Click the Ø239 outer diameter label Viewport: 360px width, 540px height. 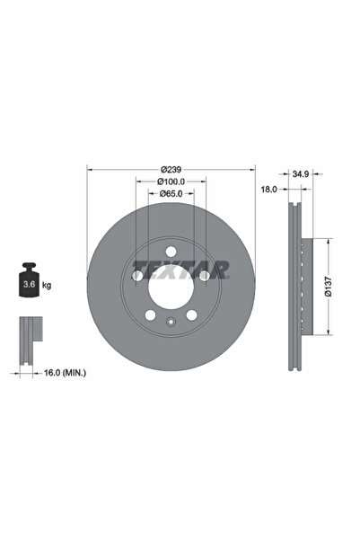click(x=171, y=169)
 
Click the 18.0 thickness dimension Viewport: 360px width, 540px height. click(x=268, y=190)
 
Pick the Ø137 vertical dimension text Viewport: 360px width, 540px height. click(x=330, y=288)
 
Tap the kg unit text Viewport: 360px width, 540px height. click(x=46, y=285)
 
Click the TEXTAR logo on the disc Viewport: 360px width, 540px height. click(x=182, y=268)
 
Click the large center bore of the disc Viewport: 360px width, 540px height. click(x=171, y=288)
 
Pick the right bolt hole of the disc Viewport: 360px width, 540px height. click(x=205, y=276)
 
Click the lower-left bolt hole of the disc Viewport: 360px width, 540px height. click(x=149, y=315)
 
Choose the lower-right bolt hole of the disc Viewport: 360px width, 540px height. click(x=192, y=315)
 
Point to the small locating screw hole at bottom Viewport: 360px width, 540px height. click(x=171, y=323)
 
